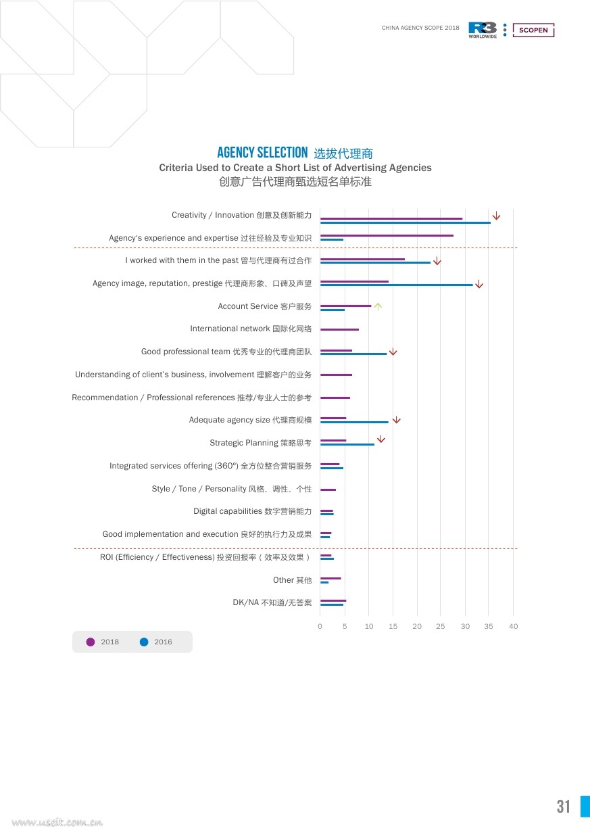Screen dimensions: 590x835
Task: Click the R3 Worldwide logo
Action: (x=483, y=30)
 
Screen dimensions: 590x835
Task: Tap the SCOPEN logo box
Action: (x=533, y=30)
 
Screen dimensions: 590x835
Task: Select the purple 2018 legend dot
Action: (x=90, y=642)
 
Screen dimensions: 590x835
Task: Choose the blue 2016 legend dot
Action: (x=144, y=642)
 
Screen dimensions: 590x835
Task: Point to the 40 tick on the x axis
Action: (x=513, y=626)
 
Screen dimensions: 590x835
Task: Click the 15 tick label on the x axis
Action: (x=393, y=626)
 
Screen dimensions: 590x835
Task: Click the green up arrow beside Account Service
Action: (x=378, y=306)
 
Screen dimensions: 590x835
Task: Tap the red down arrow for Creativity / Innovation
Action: (x=496, y=216)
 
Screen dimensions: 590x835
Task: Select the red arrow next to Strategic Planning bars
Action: (x=380, y=439)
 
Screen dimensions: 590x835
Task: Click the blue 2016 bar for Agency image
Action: (x=396, y=285)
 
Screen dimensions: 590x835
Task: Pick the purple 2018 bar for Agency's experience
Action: (x=387, y=235)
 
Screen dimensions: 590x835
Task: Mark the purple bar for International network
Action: (x=339, y=329)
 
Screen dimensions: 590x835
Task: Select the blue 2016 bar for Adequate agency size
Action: (x=354, y=422)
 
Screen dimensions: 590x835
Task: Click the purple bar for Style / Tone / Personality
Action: (x=328, y=490)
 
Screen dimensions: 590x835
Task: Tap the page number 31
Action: (x=563, y=807)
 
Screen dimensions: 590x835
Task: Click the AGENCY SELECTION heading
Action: (x=262, y=152)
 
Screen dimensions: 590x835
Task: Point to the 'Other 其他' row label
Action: (x=292, y=580)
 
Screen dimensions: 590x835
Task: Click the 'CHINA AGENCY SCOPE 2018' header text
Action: (x=420, y=28)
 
